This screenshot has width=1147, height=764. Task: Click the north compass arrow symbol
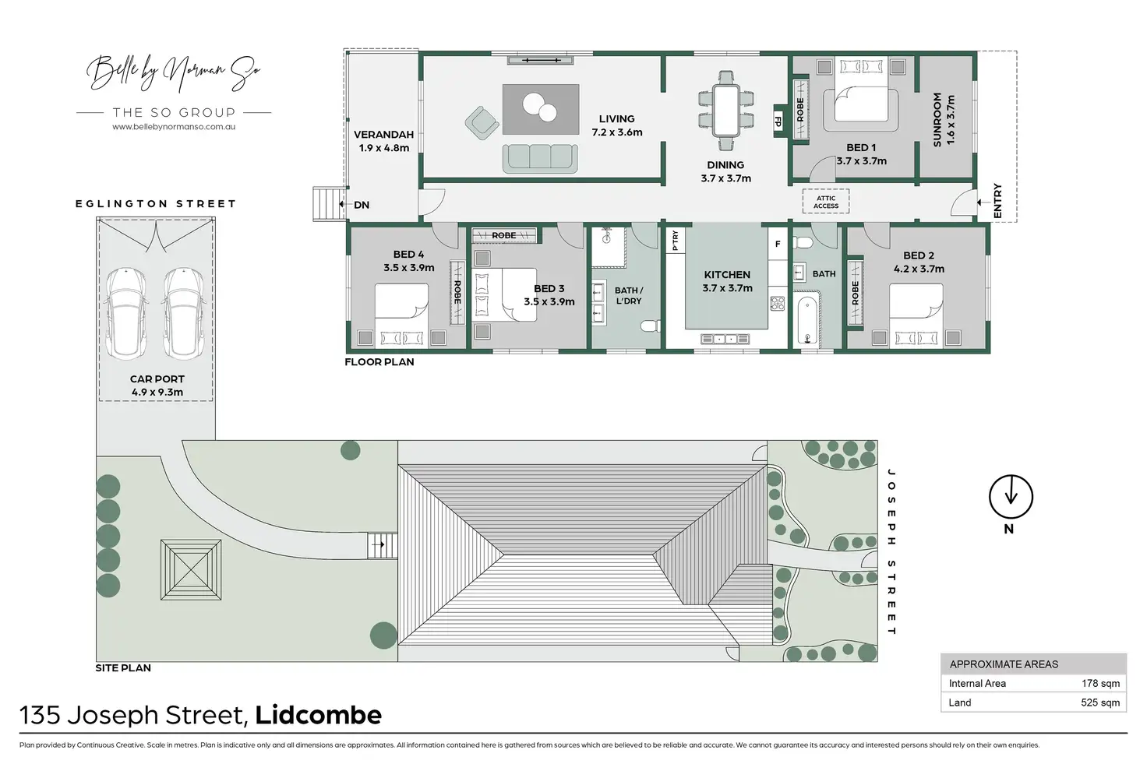[x=1011, y=496]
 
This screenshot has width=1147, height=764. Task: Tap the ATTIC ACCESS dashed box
[x=826, y=202]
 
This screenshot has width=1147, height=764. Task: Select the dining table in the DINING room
[x=726, y=110]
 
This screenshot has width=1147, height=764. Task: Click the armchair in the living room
[x=482, y=122]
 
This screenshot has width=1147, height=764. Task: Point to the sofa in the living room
[x=539, y=158]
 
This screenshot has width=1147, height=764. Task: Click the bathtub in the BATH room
[x=807, y=319]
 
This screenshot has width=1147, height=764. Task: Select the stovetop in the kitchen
[x=777, y=303]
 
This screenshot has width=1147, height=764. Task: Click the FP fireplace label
[x=778, y=121]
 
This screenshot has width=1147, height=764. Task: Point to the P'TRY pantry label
[x=676, y=241]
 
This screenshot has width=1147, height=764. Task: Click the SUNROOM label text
[x=938, y=119]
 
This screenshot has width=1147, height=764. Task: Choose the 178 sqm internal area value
[x=1100, y=683]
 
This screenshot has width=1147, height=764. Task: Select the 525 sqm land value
[x=1100, y=702]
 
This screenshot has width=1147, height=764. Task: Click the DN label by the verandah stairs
[x=362, y=205]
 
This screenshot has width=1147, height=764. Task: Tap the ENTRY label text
[x=998, y=201]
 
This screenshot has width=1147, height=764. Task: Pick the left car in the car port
[x=126, y=313]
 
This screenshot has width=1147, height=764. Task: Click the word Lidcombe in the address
[x=318, y=715]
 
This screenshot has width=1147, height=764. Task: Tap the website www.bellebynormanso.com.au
[x=174, y=127]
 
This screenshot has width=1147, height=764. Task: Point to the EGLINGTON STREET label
[x=155, y=204]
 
